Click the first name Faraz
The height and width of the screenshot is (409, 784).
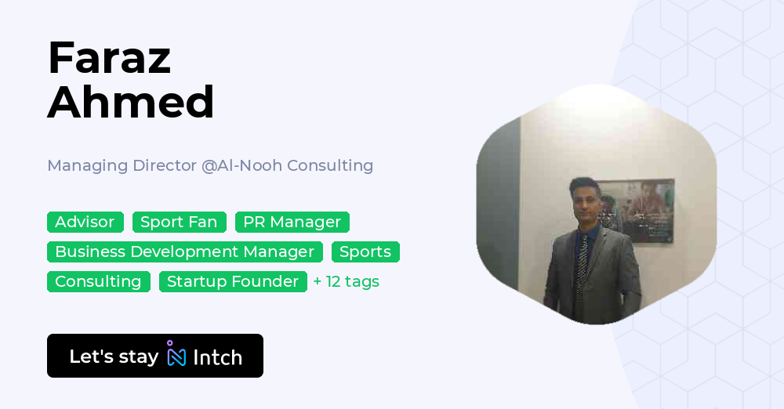109,57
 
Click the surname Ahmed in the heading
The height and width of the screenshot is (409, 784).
131,102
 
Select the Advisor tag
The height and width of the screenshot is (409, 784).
85,223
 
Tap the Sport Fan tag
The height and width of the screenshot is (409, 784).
179,223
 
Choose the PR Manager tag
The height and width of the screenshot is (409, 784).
292,223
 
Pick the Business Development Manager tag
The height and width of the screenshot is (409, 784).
184,252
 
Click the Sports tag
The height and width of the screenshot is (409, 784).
365,252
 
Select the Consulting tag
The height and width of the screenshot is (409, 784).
98,282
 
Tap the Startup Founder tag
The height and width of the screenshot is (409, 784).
233,282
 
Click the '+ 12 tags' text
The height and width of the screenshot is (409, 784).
346,282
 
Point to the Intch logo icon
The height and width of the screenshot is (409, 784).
176,355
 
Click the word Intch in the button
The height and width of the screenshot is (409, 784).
217,357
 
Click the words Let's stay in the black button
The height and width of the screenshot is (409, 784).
114,357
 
